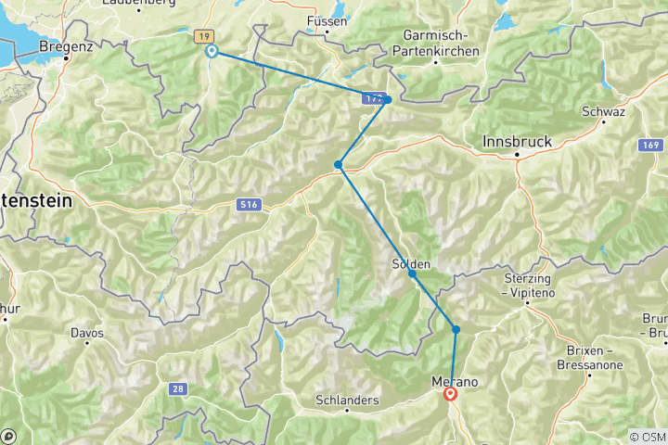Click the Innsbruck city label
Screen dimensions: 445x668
click(518, 142)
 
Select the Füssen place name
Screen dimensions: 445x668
click(327, 20)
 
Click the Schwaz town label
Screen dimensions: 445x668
click(603, 112)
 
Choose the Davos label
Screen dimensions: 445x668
click(86, 333)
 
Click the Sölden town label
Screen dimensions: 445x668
click(411, 263)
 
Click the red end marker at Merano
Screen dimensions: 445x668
click(451, 394)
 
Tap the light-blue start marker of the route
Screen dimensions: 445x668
click(212, 52)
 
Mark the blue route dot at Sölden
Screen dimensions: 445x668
click(412, 273)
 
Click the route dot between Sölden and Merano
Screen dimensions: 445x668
click(456, 329)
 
